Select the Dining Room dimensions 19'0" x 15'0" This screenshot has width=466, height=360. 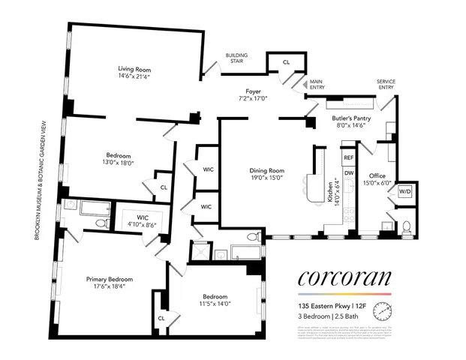click(x=267, y=178)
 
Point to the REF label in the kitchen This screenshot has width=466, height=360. click(x=348, y=158)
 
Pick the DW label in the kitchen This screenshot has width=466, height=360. click(x=348, y=173)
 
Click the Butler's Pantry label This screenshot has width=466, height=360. click(x=353, y=118)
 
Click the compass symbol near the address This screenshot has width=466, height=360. click(x=384, y=307)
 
